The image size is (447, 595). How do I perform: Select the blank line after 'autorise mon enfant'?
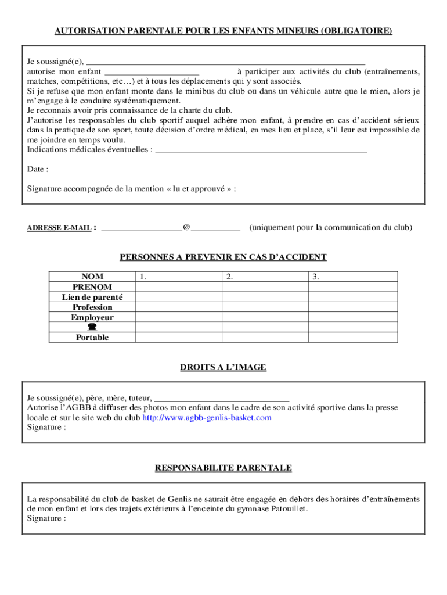tap(152, 71)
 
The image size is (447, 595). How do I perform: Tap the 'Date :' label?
tap(38, 169)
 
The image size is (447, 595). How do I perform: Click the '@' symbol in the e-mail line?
tap(186, 227)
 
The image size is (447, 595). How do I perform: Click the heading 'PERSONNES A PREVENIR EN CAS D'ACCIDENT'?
tap(223, 257)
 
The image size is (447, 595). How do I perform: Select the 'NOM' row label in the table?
tap(92, 277)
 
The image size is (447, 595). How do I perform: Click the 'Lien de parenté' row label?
tap(92, 297)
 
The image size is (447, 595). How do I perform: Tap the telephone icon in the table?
tap(92, 327)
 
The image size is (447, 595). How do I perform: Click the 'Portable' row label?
tap(92, 337)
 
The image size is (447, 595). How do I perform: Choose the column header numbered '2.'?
tap(230, 277)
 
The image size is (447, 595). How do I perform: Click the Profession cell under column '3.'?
tap(352, 307)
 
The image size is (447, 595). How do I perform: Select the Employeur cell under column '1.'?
tap(179, 317)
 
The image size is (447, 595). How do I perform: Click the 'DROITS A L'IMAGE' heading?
tap(223, 367)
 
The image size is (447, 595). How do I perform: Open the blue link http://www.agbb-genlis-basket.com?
tap(207, 417)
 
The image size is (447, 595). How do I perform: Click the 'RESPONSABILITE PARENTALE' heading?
tap(223, 468)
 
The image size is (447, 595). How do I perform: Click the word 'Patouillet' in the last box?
tap(287, 508)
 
